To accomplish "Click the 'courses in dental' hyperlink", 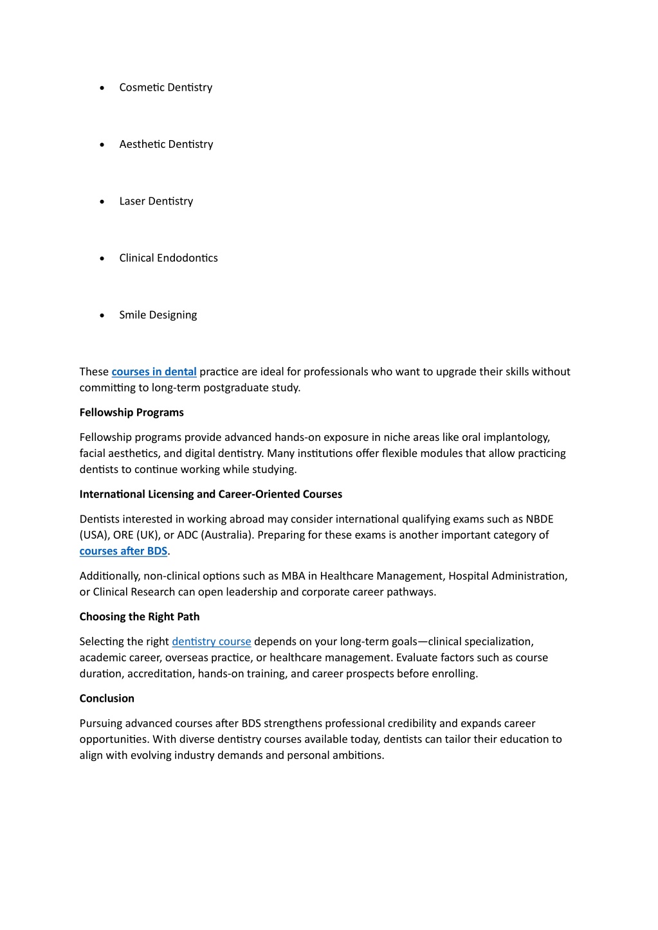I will point(154,371).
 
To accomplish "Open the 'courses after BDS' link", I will point(123,551).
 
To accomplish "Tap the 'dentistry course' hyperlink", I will point(211,641).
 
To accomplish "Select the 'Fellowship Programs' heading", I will point(131,413).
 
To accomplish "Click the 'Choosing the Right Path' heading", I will point(139,617).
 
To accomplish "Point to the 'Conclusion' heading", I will point(107,699).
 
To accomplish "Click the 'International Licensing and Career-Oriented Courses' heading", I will point(210,494).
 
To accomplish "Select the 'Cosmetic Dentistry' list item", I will point(165,87).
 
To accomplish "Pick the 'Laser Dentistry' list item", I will point(156,201).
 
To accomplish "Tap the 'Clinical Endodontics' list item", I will point(168,258).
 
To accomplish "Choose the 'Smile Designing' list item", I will point(158,315).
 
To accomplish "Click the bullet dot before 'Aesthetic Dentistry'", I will point(102,145).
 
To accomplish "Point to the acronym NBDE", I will point(539,519).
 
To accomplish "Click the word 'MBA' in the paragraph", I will point(293,576).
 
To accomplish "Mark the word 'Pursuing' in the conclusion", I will point(101,724).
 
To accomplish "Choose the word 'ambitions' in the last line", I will point(358,755).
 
